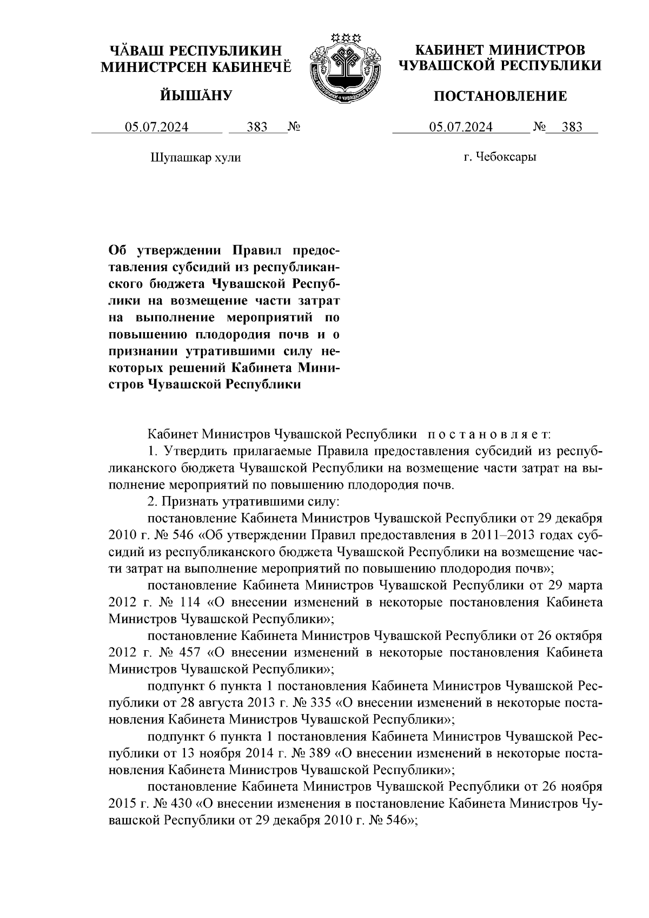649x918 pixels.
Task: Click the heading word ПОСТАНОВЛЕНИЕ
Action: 501,96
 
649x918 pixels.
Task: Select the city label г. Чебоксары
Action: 500,157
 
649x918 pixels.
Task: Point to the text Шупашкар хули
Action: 195,158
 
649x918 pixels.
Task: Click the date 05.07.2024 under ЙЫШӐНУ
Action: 157,127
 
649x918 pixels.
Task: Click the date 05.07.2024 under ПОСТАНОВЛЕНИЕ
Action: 461,127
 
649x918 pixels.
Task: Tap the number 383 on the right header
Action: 572,127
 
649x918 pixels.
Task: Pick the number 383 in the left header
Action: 257,127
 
